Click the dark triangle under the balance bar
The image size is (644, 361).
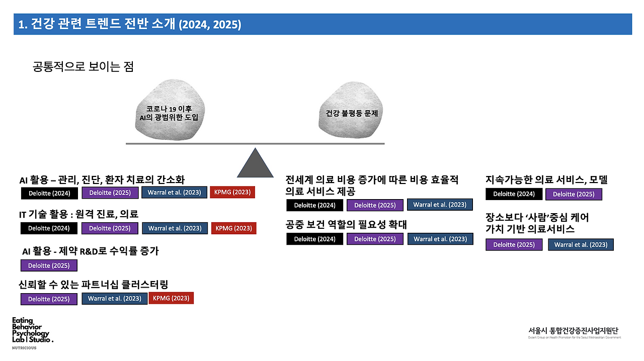pos(255,165)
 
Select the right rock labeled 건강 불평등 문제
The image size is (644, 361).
pos(348,113)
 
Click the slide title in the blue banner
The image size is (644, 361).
pos(130,24)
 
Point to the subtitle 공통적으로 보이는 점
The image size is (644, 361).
pos(83,67)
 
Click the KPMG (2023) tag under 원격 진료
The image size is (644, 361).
pos(233,228)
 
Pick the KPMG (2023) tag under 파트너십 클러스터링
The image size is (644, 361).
pos(171,298)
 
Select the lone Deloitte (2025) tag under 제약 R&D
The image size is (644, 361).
pos(49,265)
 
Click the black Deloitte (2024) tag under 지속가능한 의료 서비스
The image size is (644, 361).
pos(514,194)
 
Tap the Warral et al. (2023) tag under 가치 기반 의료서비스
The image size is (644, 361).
pos(581,245)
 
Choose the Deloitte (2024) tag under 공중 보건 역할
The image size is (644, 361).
pos(314,239)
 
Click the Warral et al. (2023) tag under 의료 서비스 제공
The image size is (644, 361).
pos(440,205)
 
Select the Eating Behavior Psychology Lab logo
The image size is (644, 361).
pos(31,330)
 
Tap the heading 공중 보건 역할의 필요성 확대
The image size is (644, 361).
pos(346,225)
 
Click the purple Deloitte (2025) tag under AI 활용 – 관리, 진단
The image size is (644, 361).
pos(110,193)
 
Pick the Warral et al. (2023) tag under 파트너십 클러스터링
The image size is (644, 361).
pos(114,299)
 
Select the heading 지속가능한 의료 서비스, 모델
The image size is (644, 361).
pos(546,179)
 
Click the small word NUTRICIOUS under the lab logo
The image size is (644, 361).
pos(24,347)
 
